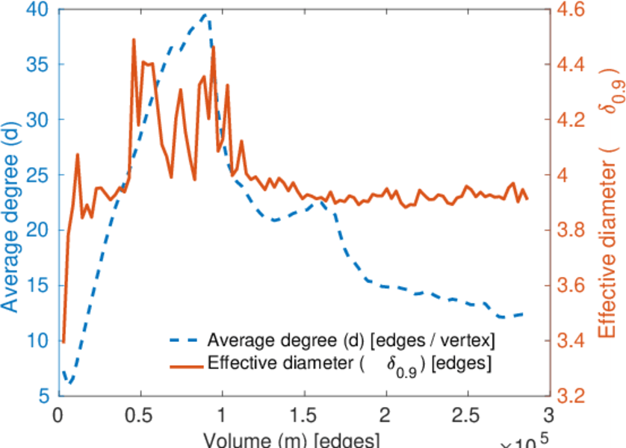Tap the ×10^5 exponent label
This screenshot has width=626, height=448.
tap(526, 441)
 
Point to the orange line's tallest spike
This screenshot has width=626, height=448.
tap(134, 39)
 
